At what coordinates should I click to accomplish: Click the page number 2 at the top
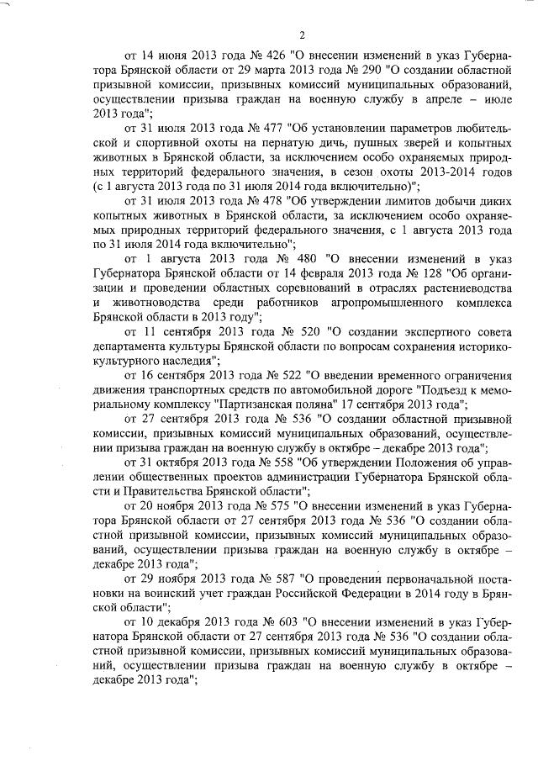(300, 34)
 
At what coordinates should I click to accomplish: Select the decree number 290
(374, 71)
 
